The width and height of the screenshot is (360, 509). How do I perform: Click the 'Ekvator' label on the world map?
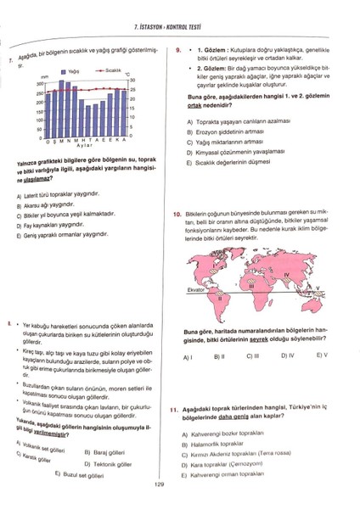tap(196, 289)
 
